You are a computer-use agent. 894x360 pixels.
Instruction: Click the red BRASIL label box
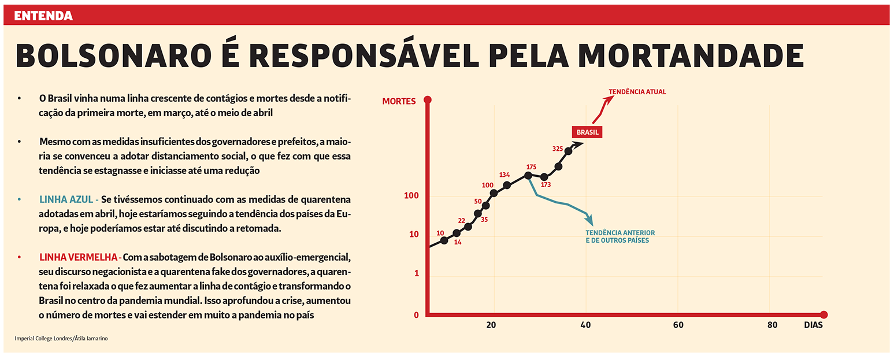click(x=587, y=132)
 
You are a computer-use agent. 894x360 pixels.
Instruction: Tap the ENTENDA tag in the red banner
click(x=43, y=16)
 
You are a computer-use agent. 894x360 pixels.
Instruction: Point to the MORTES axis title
click(x=399, y=101)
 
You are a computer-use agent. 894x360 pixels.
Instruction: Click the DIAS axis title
click(x=813, y=325)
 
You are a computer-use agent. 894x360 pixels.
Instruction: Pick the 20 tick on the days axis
click(x=491, y=325)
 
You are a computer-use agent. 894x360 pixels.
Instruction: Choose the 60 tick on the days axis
click(x=678, y=325)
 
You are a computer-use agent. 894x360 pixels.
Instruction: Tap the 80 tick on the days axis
click(x=772, y=325)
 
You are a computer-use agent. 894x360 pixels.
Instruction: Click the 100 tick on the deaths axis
click(x=411, y=196)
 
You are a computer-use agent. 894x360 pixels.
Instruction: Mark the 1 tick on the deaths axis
click(x=416, y=273)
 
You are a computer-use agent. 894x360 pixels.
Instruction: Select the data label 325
click(x=558, y=149)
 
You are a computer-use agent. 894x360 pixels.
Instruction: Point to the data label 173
click(x=546, y=185)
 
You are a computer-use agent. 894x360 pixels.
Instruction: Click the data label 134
click(x=504, y=175)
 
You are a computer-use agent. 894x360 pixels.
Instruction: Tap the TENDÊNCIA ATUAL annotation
click(x=637, y=91)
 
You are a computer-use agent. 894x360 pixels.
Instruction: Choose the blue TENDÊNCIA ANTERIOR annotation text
click(x=620, y=236)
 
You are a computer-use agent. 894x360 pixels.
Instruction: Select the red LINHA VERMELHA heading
click(x=78, y=257)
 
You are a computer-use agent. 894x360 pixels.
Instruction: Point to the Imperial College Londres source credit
click(x=61, y=339)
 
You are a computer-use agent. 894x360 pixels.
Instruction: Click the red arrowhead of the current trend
click(x=609, y=98)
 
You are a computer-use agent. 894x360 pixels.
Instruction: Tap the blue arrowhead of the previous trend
click(x=590, y=222)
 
